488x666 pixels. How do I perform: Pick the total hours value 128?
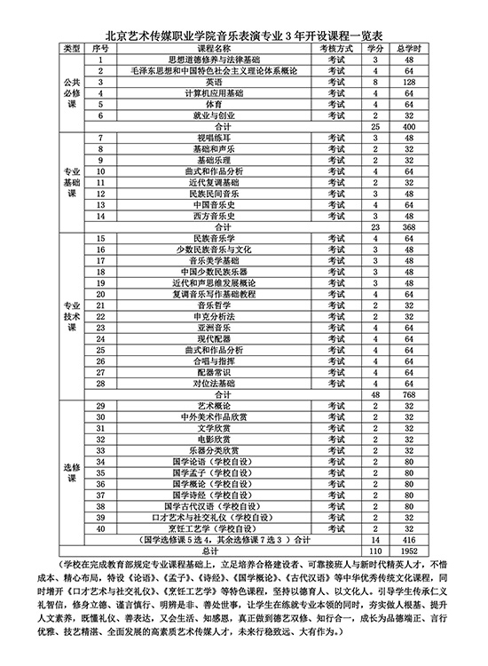(x=407, y=81)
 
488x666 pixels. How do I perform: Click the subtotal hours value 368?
(x=407, y=227)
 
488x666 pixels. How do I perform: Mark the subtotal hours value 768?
(x=407, y=394)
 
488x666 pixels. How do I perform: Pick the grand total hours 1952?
(x=407, y=551)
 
